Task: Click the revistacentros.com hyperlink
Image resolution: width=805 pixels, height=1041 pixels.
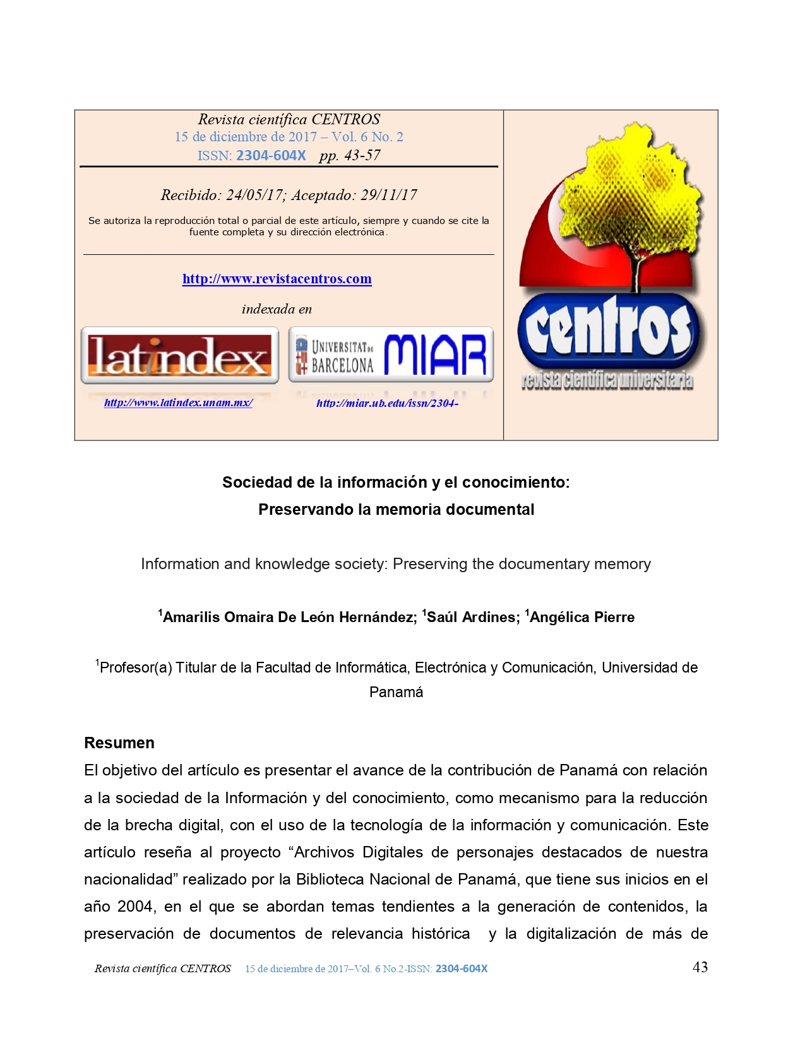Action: tap(277, 279)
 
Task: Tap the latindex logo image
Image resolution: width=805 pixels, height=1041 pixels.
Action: tap(180, 356)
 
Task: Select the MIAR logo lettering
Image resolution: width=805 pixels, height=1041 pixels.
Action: tap(434, 355)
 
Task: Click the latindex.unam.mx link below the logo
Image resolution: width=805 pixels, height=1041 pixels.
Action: tap(178, 403)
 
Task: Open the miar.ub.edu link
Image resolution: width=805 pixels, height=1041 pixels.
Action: tap(387, 403)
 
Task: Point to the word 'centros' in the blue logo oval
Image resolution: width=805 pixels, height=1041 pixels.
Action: tap(608, 328)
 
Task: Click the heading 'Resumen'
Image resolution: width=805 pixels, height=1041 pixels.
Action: tap(119, 743)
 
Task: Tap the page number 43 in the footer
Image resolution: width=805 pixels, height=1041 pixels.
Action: tap(700, 967)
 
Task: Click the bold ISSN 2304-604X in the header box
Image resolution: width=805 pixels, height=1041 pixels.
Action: tap(271, 155)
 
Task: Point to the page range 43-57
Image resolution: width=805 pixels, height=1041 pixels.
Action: tap(362, 155)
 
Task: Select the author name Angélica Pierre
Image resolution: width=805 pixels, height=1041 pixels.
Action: tap(581, 617)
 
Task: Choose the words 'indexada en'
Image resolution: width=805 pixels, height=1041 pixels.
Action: tap(277, 309)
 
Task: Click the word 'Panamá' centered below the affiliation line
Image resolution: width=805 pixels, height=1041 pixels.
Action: tap(396, 692)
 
